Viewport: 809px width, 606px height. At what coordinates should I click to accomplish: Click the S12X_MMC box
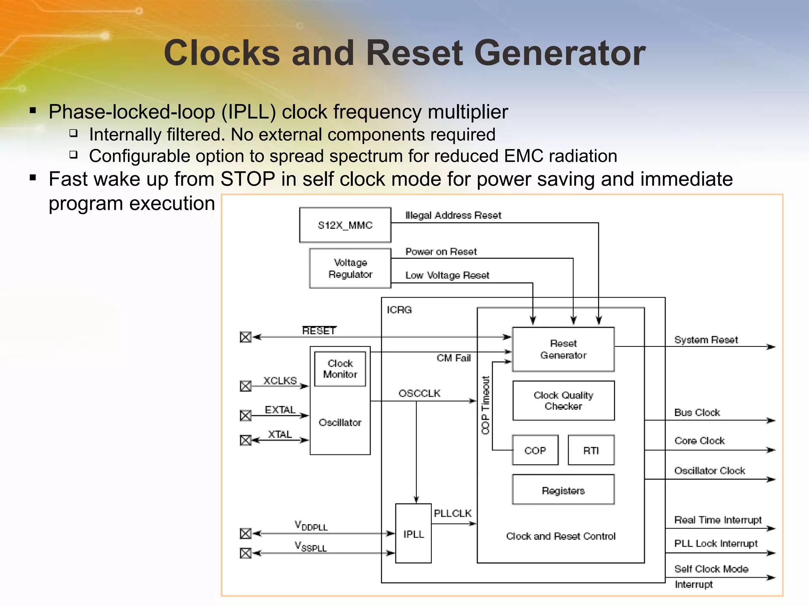[x=345, y=225]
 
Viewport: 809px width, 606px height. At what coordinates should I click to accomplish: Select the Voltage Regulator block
[x=350, y=268]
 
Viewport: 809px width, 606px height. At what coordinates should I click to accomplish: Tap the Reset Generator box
[x=563, y=349]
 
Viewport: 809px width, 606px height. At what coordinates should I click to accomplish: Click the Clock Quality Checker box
[x=563, y=400]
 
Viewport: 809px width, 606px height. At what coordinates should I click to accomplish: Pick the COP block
[x=535, y=450]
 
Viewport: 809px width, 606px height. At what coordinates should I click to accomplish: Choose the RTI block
[x=591, y=450]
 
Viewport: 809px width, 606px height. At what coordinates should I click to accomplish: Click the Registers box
[x=563, y=490]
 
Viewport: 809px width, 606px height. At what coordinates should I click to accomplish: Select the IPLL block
[x=413, y=533]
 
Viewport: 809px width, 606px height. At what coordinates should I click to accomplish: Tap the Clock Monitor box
[x=340, y=368]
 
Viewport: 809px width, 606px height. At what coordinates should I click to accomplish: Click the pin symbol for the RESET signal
[x=246, y=337]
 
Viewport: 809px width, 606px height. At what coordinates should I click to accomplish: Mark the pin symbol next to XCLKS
[x=246, y=386]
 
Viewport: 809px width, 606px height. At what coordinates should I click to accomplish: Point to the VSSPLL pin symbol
[x=246, y=553]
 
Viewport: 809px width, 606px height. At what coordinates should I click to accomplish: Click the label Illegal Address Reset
[x=453, y=215]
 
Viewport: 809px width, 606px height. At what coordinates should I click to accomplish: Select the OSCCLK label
[x=419, y=393]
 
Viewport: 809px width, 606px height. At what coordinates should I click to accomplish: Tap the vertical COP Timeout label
[x=485, y=405]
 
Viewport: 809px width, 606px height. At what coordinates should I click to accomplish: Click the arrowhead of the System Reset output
[x=771, y=347]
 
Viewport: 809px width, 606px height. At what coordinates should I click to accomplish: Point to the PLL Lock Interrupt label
[x=716, y=543]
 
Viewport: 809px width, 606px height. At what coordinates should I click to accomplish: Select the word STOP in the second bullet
[x=248, y=179]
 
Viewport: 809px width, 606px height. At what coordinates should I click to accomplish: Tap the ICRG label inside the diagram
[x=399, y=310]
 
